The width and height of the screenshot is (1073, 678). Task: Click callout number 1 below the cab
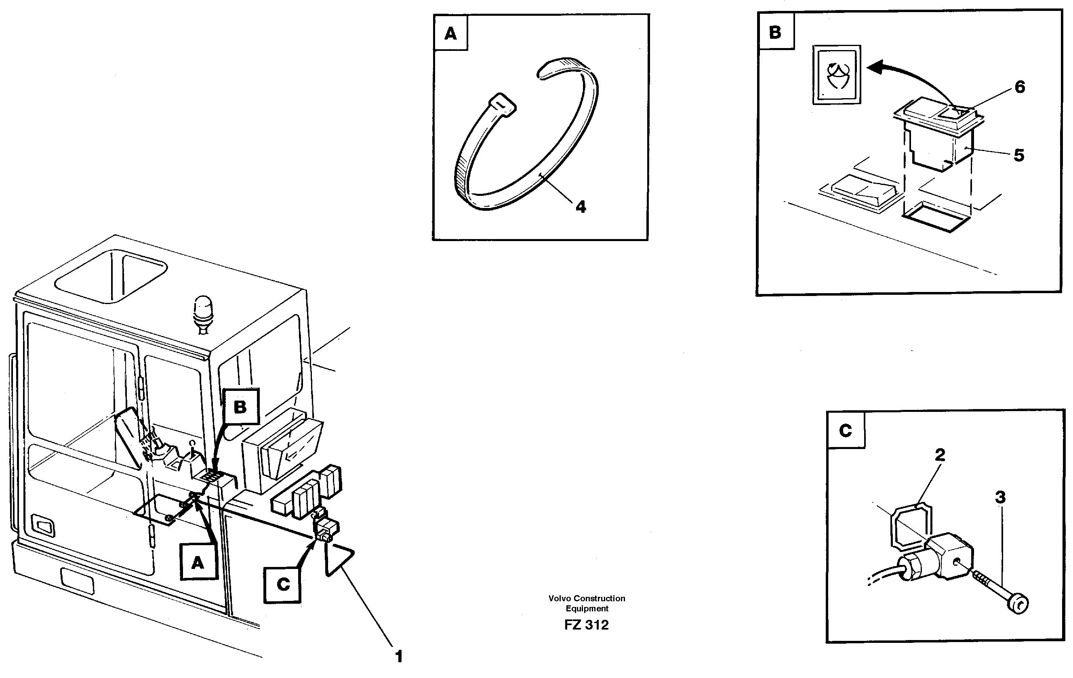click(399, 656)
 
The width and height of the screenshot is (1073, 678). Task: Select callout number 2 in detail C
click(940, 455)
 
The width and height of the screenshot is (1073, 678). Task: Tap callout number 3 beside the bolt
click(1000, 497)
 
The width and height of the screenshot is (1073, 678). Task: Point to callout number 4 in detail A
click(581, 207)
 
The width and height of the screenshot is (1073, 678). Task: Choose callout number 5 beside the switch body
click(1018, 155)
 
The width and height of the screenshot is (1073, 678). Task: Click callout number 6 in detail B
click(1020, 87)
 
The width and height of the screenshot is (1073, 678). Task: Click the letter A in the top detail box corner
click(450, 34)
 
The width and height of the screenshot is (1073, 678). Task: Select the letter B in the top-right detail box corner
click(775, 32)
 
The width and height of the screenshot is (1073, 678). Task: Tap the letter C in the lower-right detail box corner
click(845, 430)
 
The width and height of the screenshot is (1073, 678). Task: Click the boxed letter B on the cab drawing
click(241, 407)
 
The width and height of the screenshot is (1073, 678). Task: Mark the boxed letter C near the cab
click(283, 584)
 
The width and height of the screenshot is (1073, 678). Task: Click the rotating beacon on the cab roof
click(203, 311)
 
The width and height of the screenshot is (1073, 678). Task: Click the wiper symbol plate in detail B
click(836, 75)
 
